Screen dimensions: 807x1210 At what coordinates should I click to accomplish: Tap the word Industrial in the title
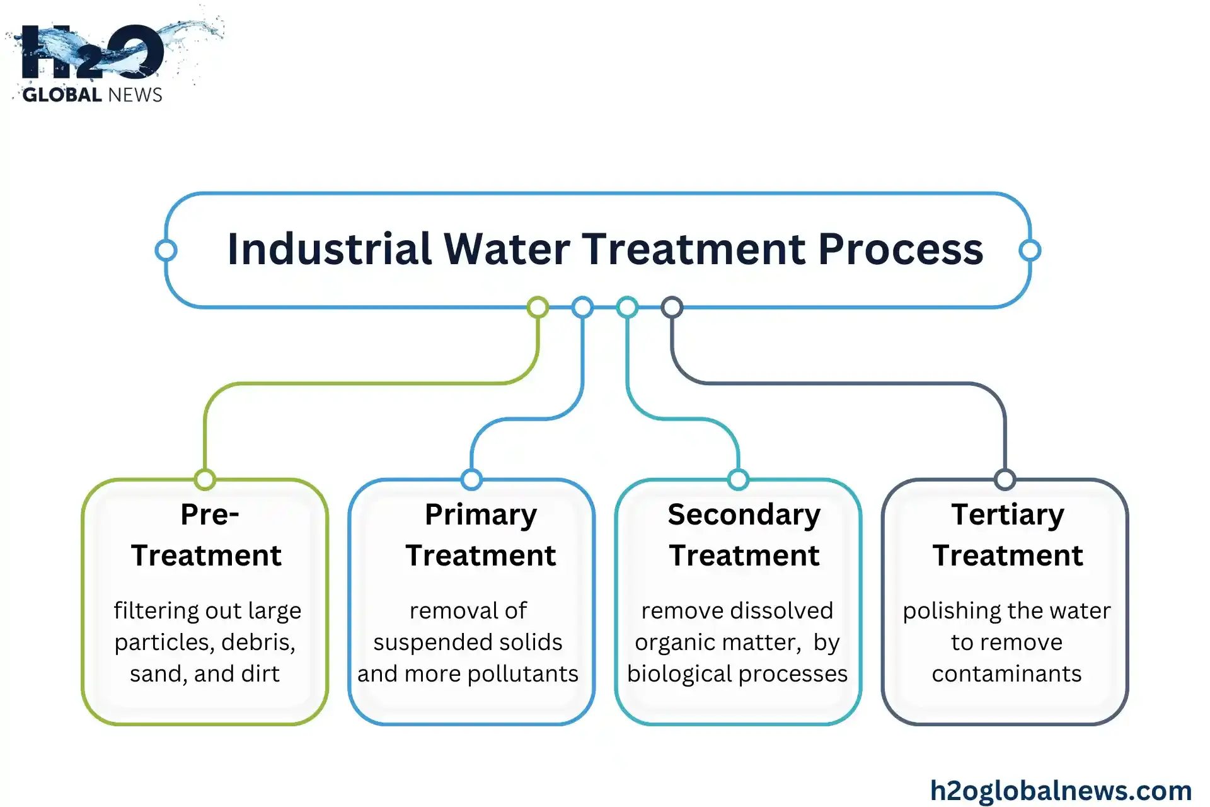pyautogui.click(x=329, y=249)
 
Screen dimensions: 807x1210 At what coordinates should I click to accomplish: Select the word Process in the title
pyautogui.click(x=901, y=249)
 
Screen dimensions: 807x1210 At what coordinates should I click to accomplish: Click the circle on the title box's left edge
pyautogui.click(x=166, y=250)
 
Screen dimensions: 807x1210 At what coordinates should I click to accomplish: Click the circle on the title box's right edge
pyautogui.click(x=1030, y=250)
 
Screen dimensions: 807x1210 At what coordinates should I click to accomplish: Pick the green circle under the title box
pyautogui.click(x=538, y=308)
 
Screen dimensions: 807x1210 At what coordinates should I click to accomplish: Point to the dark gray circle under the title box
pyautogui.click(x=672, y=308)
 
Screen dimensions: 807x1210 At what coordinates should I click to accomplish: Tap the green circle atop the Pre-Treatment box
pyautogui.click(x=205, y=480)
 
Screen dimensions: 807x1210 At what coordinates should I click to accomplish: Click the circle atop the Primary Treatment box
pyautogui.click(x=471, y=480)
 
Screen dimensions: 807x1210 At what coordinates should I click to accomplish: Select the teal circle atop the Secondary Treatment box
pyautogui.click(x=738, y=480)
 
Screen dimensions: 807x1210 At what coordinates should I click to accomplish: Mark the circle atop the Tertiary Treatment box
pyautogui.click(x=1005, y=480)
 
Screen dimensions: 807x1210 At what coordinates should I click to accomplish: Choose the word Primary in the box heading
pyautogui.click(x=481, y=514)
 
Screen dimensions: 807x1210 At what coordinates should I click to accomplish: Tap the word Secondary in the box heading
pyautogui.click(x=744, y=514)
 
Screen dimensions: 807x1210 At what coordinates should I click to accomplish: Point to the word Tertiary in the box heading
pyautogui.click(x=1008, y=514)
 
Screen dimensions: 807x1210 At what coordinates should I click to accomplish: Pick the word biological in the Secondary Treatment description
pyautogui.click(x=676, y=674)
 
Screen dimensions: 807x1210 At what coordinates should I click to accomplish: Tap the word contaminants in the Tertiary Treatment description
pyautogui.click(x=1006, y=674)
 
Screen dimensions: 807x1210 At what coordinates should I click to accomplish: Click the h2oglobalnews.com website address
pyautogui.click(x=1061, y=791)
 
